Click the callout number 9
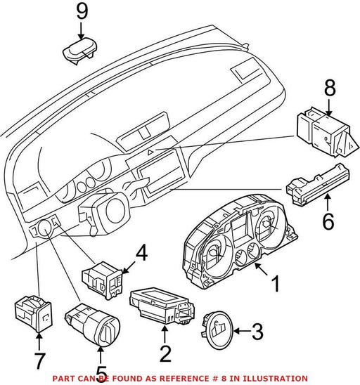click(82, 11)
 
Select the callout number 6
click(328, 221)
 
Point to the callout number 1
click(276, 284)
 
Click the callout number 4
click(142, 254)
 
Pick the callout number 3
click(257, 332)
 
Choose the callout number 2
click(165, 353)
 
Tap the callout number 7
click(39, 361)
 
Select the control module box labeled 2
click(162, 305)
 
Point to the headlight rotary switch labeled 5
click(92, 324)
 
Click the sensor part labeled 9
click(80, 51)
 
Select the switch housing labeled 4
click(102, 280)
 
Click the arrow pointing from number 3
click(243, 331)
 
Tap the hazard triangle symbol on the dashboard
click(150, 152)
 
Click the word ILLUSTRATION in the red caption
click(275, 378)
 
